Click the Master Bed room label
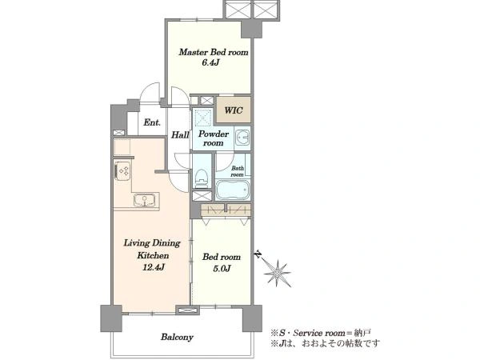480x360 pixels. [214, 52]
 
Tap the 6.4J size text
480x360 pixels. [210, 62]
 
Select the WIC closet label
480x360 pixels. [234, 110]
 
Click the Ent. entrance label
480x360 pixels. [152, 122]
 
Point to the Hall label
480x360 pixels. [180, 134]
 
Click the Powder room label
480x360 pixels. [214, 138]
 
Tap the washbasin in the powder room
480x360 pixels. [242, 138]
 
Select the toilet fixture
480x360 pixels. [202, 178]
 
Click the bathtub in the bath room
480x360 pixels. [233, 190]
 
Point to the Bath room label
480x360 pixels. [238, 171]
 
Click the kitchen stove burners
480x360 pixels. [122, 171]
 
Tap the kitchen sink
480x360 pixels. [144, 200]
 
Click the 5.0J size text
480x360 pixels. [222, 269]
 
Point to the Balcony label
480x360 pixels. [178, 338]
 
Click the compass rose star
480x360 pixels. [277, 273]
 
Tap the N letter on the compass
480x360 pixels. [258, 254]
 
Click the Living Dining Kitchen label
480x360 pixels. [153, 249]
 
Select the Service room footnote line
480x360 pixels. [321, 333]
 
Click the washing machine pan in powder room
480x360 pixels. [203, 117]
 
